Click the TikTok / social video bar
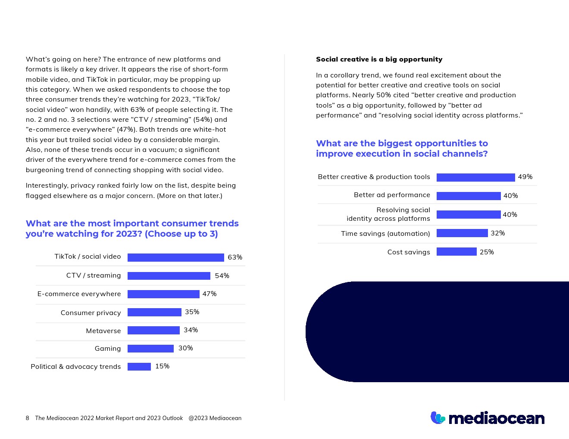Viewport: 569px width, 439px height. click(175, 257)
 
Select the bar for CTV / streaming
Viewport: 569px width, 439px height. click(169, 276)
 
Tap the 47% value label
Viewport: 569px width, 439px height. click(209, 294)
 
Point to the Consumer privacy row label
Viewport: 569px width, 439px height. click(91, 313)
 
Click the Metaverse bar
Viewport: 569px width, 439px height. click(153, 331)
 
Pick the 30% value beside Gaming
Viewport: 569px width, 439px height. click(185, 348)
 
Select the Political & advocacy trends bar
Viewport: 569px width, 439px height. click(139, 367)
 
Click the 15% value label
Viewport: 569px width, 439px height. click(162, 366)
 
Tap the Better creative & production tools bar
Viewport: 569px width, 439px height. click(475, 177)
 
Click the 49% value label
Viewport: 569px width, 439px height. click(525, 177)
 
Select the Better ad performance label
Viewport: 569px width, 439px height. click(392, 195)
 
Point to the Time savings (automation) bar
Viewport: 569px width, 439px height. click(462, 233)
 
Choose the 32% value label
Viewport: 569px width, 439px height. click(497, 233)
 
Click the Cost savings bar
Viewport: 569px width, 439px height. click(456, 252)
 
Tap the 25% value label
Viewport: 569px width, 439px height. click(487, 252)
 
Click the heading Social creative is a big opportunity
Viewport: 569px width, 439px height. click(379, 59)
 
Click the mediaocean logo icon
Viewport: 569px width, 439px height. click(438, 418)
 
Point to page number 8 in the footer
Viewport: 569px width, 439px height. click(28, 418)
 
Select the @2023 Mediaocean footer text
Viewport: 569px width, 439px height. click(215, 418)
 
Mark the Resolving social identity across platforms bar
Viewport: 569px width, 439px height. click(469, 214)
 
